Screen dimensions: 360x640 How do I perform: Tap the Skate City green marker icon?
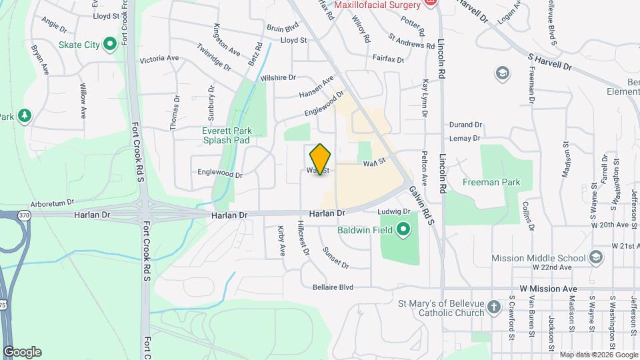click(x=110, y=45)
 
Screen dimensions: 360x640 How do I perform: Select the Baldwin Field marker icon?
click(x=403, y=231)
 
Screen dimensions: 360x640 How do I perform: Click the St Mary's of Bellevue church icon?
click(x=493, y=307)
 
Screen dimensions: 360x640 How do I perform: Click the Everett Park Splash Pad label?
click(x=225, y=136)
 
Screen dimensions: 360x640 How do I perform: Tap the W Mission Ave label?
click(x=548, y=289)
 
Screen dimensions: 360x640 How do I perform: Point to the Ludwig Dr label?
click(x=393, y=211)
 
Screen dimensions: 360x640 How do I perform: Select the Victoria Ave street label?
click(x=159, y=59)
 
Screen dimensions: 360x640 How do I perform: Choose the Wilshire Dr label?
click(x=278, y=78)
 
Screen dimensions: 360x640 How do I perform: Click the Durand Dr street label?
click(x=465, y=125)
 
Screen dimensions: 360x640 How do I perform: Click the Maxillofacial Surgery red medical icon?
click(x=430, y=4)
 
